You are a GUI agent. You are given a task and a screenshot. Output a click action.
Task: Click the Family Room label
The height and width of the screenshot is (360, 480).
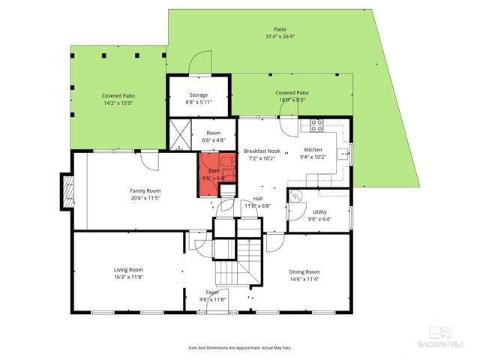(145, 190)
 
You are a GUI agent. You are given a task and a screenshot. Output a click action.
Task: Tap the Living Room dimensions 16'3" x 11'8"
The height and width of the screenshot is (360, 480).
(128, 277)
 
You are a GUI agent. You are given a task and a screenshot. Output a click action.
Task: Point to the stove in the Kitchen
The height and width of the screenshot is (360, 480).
(316, 125)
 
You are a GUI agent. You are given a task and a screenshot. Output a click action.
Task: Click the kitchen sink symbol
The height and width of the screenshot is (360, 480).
(341, 155)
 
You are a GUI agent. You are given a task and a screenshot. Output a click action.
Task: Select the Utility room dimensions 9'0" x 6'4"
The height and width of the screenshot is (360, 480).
(319, 220)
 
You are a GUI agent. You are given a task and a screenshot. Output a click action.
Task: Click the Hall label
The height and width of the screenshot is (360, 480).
(257, 198)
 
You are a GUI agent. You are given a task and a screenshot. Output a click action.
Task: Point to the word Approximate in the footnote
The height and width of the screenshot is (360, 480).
(249, 348)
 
